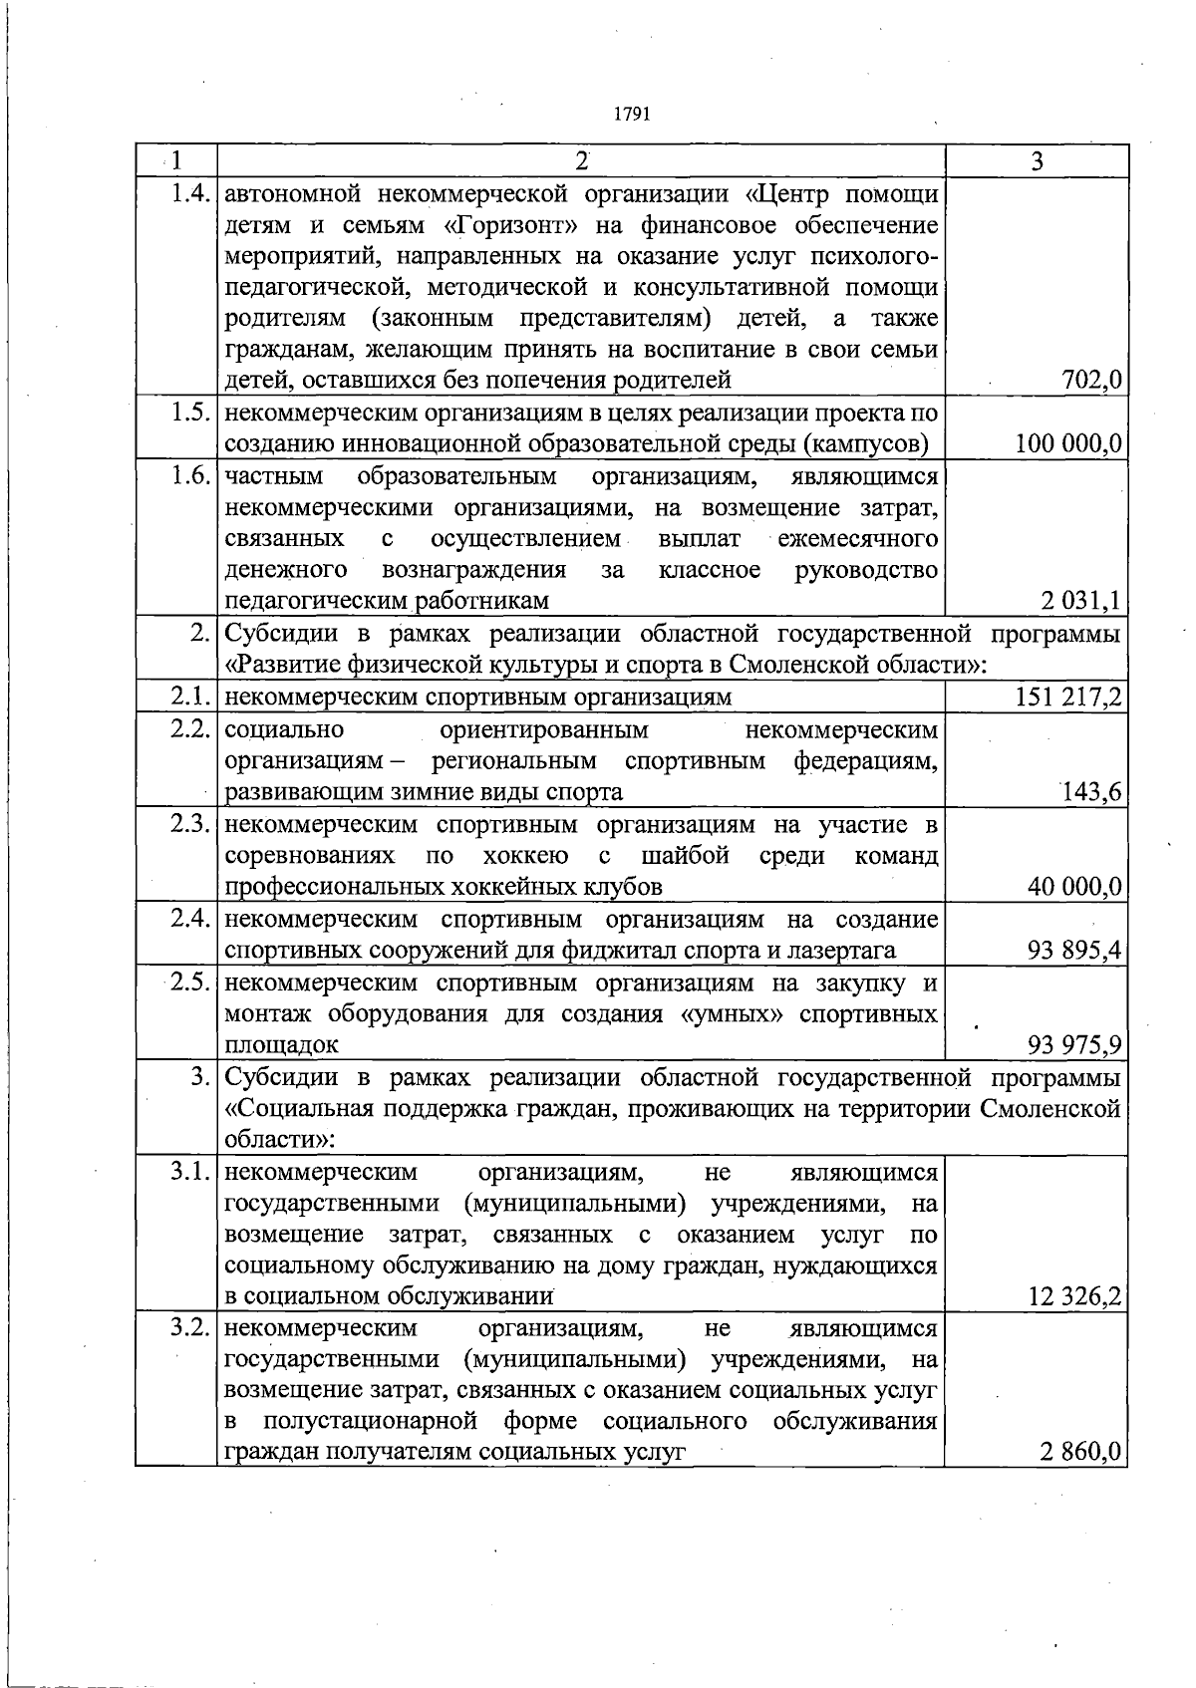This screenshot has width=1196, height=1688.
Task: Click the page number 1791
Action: (x=631, y=115)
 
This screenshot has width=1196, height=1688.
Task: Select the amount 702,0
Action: (x=1092, y=380)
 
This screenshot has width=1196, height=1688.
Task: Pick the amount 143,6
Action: (x=1092, y=792)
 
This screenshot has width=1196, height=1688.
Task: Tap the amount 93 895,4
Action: (x=1074, y=951)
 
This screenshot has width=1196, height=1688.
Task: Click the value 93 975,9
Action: (x=1074, y=1045)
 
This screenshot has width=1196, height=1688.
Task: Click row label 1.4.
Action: (x=187, y=193)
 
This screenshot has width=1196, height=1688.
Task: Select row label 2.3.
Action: (x=187, y=825)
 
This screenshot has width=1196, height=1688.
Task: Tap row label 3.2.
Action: (x=187, y=1328)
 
